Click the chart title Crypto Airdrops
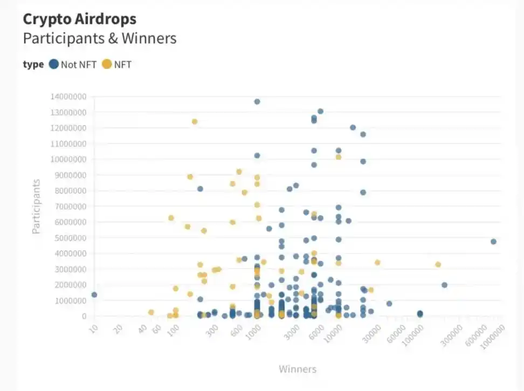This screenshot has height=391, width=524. pyautogui.click(x=79, y=19)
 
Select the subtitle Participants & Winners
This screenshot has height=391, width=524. pyautogui.click(x=99, y=39)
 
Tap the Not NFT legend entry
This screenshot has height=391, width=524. pyautogui.click(x=73, y=65)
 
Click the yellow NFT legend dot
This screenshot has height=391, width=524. pyautogui.click(x=107, y=65)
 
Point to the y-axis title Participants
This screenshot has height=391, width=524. pyautogui.click(x=36, y=207)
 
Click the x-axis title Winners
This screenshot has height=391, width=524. pyautogui.click(x=297, y=369)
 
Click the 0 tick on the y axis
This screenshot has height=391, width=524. pyautogui.click(x=84, y=316)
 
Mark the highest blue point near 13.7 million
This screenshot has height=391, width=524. pyautogui.click(x=257, y=101)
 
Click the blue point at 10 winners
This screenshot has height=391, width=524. pyautogui.click(x=94, y=294)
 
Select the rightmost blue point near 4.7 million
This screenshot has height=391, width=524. pyautogui.click(x=493, y=242)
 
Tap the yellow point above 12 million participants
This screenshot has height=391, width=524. pyautogui.click(x=195, y=121)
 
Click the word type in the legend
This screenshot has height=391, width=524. pyautogui.click(x=33, y=65)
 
